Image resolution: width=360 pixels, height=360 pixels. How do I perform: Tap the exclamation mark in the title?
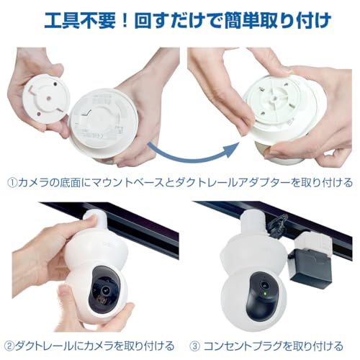pyautogui.click(x=128, y=17)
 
